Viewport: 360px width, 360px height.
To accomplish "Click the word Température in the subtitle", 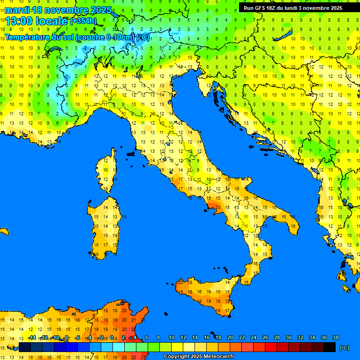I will (x=27, y=37).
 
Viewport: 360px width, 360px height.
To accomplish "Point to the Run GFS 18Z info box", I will (x=292, y=7).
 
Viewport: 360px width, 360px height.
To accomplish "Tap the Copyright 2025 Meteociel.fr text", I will (x=199, y=357).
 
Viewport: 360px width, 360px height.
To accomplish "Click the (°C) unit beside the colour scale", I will (x=345, y=348).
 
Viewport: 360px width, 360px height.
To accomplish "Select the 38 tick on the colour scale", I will (x=335, y=337).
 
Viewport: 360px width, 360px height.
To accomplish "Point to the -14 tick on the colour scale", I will (x=32, y=337).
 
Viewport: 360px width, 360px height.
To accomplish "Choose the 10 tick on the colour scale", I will (x=171, y=337).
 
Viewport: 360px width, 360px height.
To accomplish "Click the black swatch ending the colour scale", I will (x=330, y=347).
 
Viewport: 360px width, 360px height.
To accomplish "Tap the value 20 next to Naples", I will (x=217, y=207).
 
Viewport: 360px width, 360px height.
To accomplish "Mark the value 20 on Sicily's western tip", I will (x=181, y=283).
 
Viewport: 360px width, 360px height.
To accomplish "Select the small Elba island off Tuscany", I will (x=131, y=153).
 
